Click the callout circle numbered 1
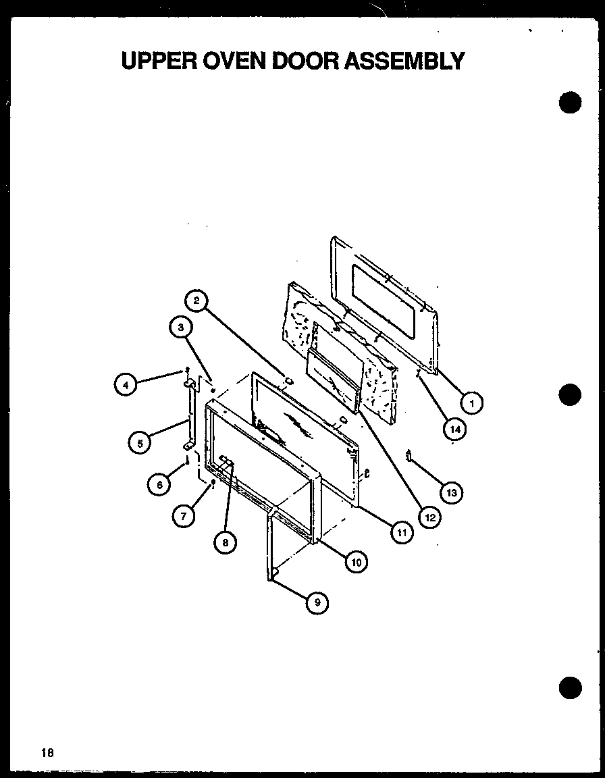tap(473, 403)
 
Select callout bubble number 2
tap(196, 301)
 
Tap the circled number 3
tap(179, 329)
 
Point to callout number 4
tap(125, 386)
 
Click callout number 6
tap(159, 484)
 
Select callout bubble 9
tap(317, 602)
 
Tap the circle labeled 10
tap(355, 561)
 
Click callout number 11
tap(402, 532)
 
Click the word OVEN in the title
tap(233, 61)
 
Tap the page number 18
tap(46, 752)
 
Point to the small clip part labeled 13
tap(409, 456)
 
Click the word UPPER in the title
tap(157, 61)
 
